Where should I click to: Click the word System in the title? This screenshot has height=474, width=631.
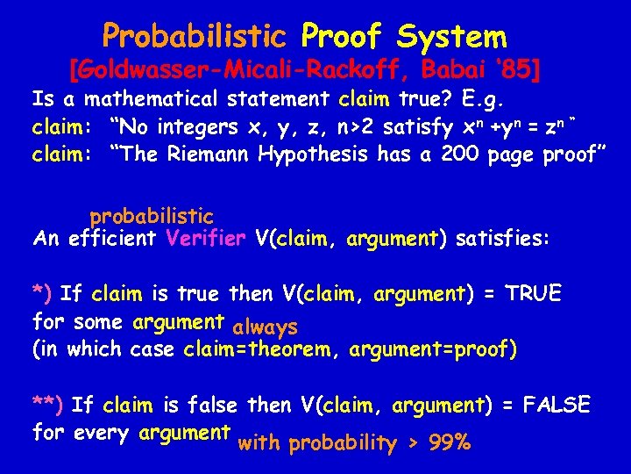click(451, 36)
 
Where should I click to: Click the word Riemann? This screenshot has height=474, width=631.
click(210, 155)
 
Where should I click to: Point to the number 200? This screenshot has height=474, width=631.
click(460, 155)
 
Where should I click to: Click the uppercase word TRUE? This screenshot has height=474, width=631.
click(532, 294)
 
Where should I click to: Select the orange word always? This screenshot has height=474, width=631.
click(266, 327)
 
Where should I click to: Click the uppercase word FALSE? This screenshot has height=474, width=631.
click(556, 405)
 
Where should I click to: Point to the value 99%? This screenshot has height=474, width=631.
click(450, 443)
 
